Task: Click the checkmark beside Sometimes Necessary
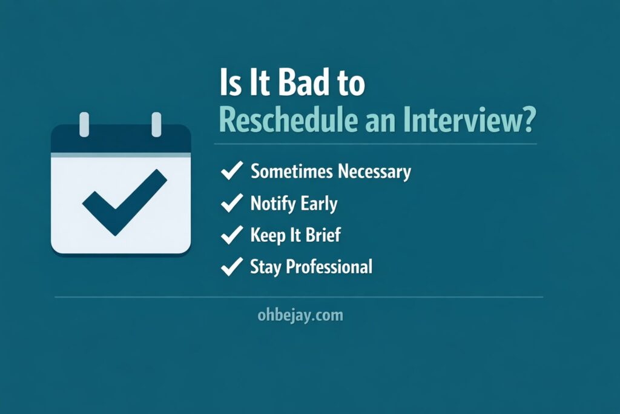click(232, 172)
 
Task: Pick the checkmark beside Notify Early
click(232, 204)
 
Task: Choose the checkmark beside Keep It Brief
click(232, 235)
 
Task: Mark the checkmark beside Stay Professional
click(232, 267)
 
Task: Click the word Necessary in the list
click(374, 172)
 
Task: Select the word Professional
click(337, 267)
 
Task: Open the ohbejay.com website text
click(300, 315)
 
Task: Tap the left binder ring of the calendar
click(84, 124)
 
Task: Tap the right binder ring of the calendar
click(156, 124)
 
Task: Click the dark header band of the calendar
click(121, 141)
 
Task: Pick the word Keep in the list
click(268, 235)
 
